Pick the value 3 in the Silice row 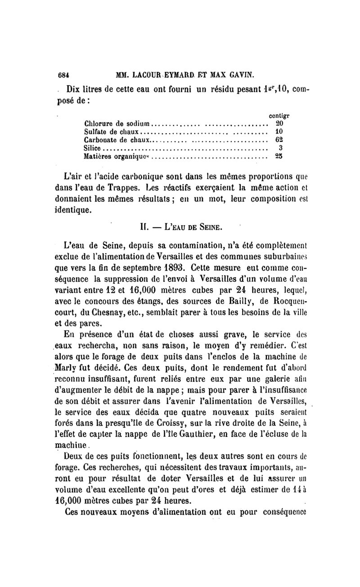[x=280, y=148]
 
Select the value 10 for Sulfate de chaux [x=278, y=132]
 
